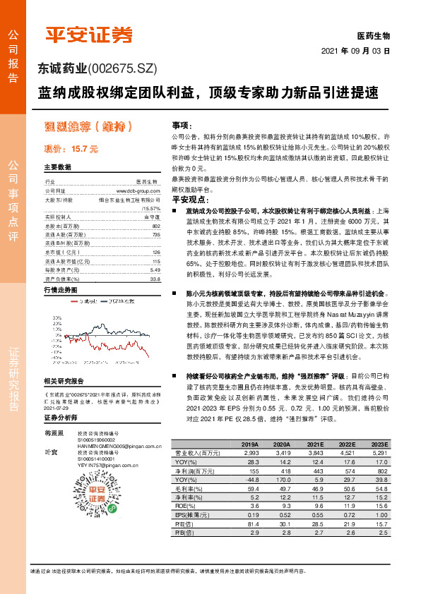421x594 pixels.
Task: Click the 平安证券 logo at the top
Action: point(89,35)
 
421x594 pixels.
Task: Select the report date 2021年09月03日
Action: point(356,51)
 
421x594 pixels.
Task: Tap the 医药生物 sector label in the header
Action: point(374,35)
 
